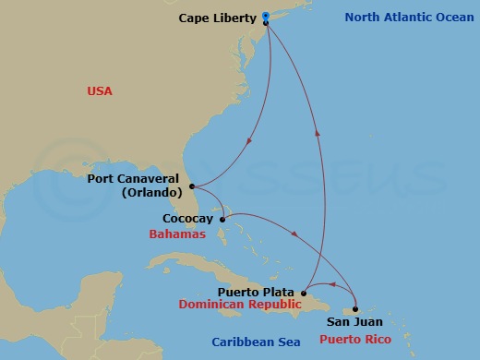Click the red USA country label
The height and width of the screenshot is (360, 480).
100,91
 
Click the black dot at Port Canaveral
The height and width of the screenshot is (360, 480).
192,186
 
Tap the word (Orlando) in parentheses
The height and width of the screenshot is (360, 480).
151,193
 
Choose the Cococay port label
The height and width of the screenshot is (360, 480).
188,219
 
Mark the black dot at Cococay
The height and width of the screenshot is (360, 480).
222,220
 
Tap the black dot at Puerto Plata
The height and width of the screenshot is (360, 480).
306,293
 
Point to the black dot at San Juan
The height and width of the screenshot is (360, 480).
355,309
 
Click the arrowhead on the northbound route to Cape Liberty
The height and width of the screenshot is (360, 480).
318,133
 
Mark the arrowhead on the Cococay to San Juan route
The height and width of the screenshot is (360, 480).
294,234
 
